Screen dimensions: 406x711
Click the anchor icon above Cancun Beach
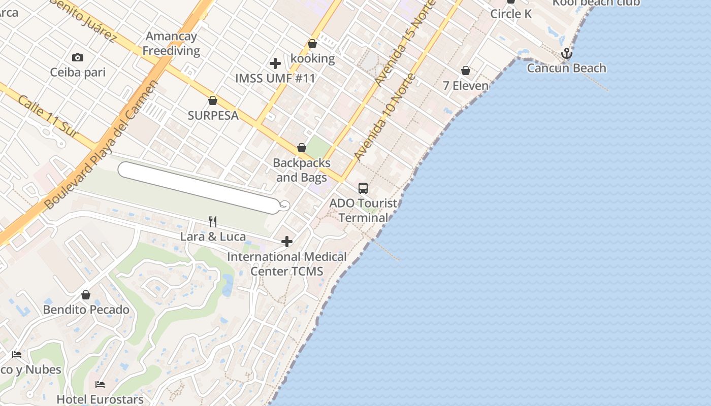pos(566,53)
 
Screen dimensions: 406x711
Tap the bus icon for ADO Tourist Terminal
pos(363,188)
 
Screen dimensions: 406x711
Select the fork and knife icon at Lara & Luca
pos(213,222)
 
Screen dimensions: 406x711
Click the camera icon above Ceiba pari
pos(78,58)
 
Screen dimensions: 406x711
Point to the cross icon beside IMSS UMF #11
pos(275,63)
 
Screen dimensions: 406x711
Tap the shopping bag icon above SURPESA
pos(213,101)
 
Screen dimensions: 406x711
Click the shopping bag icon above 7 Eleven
pos(466,71)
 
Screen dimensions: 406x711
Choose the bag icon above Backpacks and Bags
pos(302,148)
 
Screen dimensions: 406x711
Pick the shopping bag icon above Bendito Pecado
pos(86,295)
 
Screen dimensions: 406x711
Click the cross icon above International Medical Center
pos(287,242)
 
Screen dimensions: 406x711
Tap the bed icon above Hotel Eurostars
pos(100,385)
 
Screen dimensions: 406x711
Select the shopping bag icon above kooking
pos(312,44)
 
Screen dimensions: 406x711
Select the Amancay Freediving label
pos(171,44)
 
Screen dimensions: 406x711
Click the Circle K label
pos(511,14)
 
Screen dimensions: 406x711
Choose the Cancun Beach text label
pos(566,68)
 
